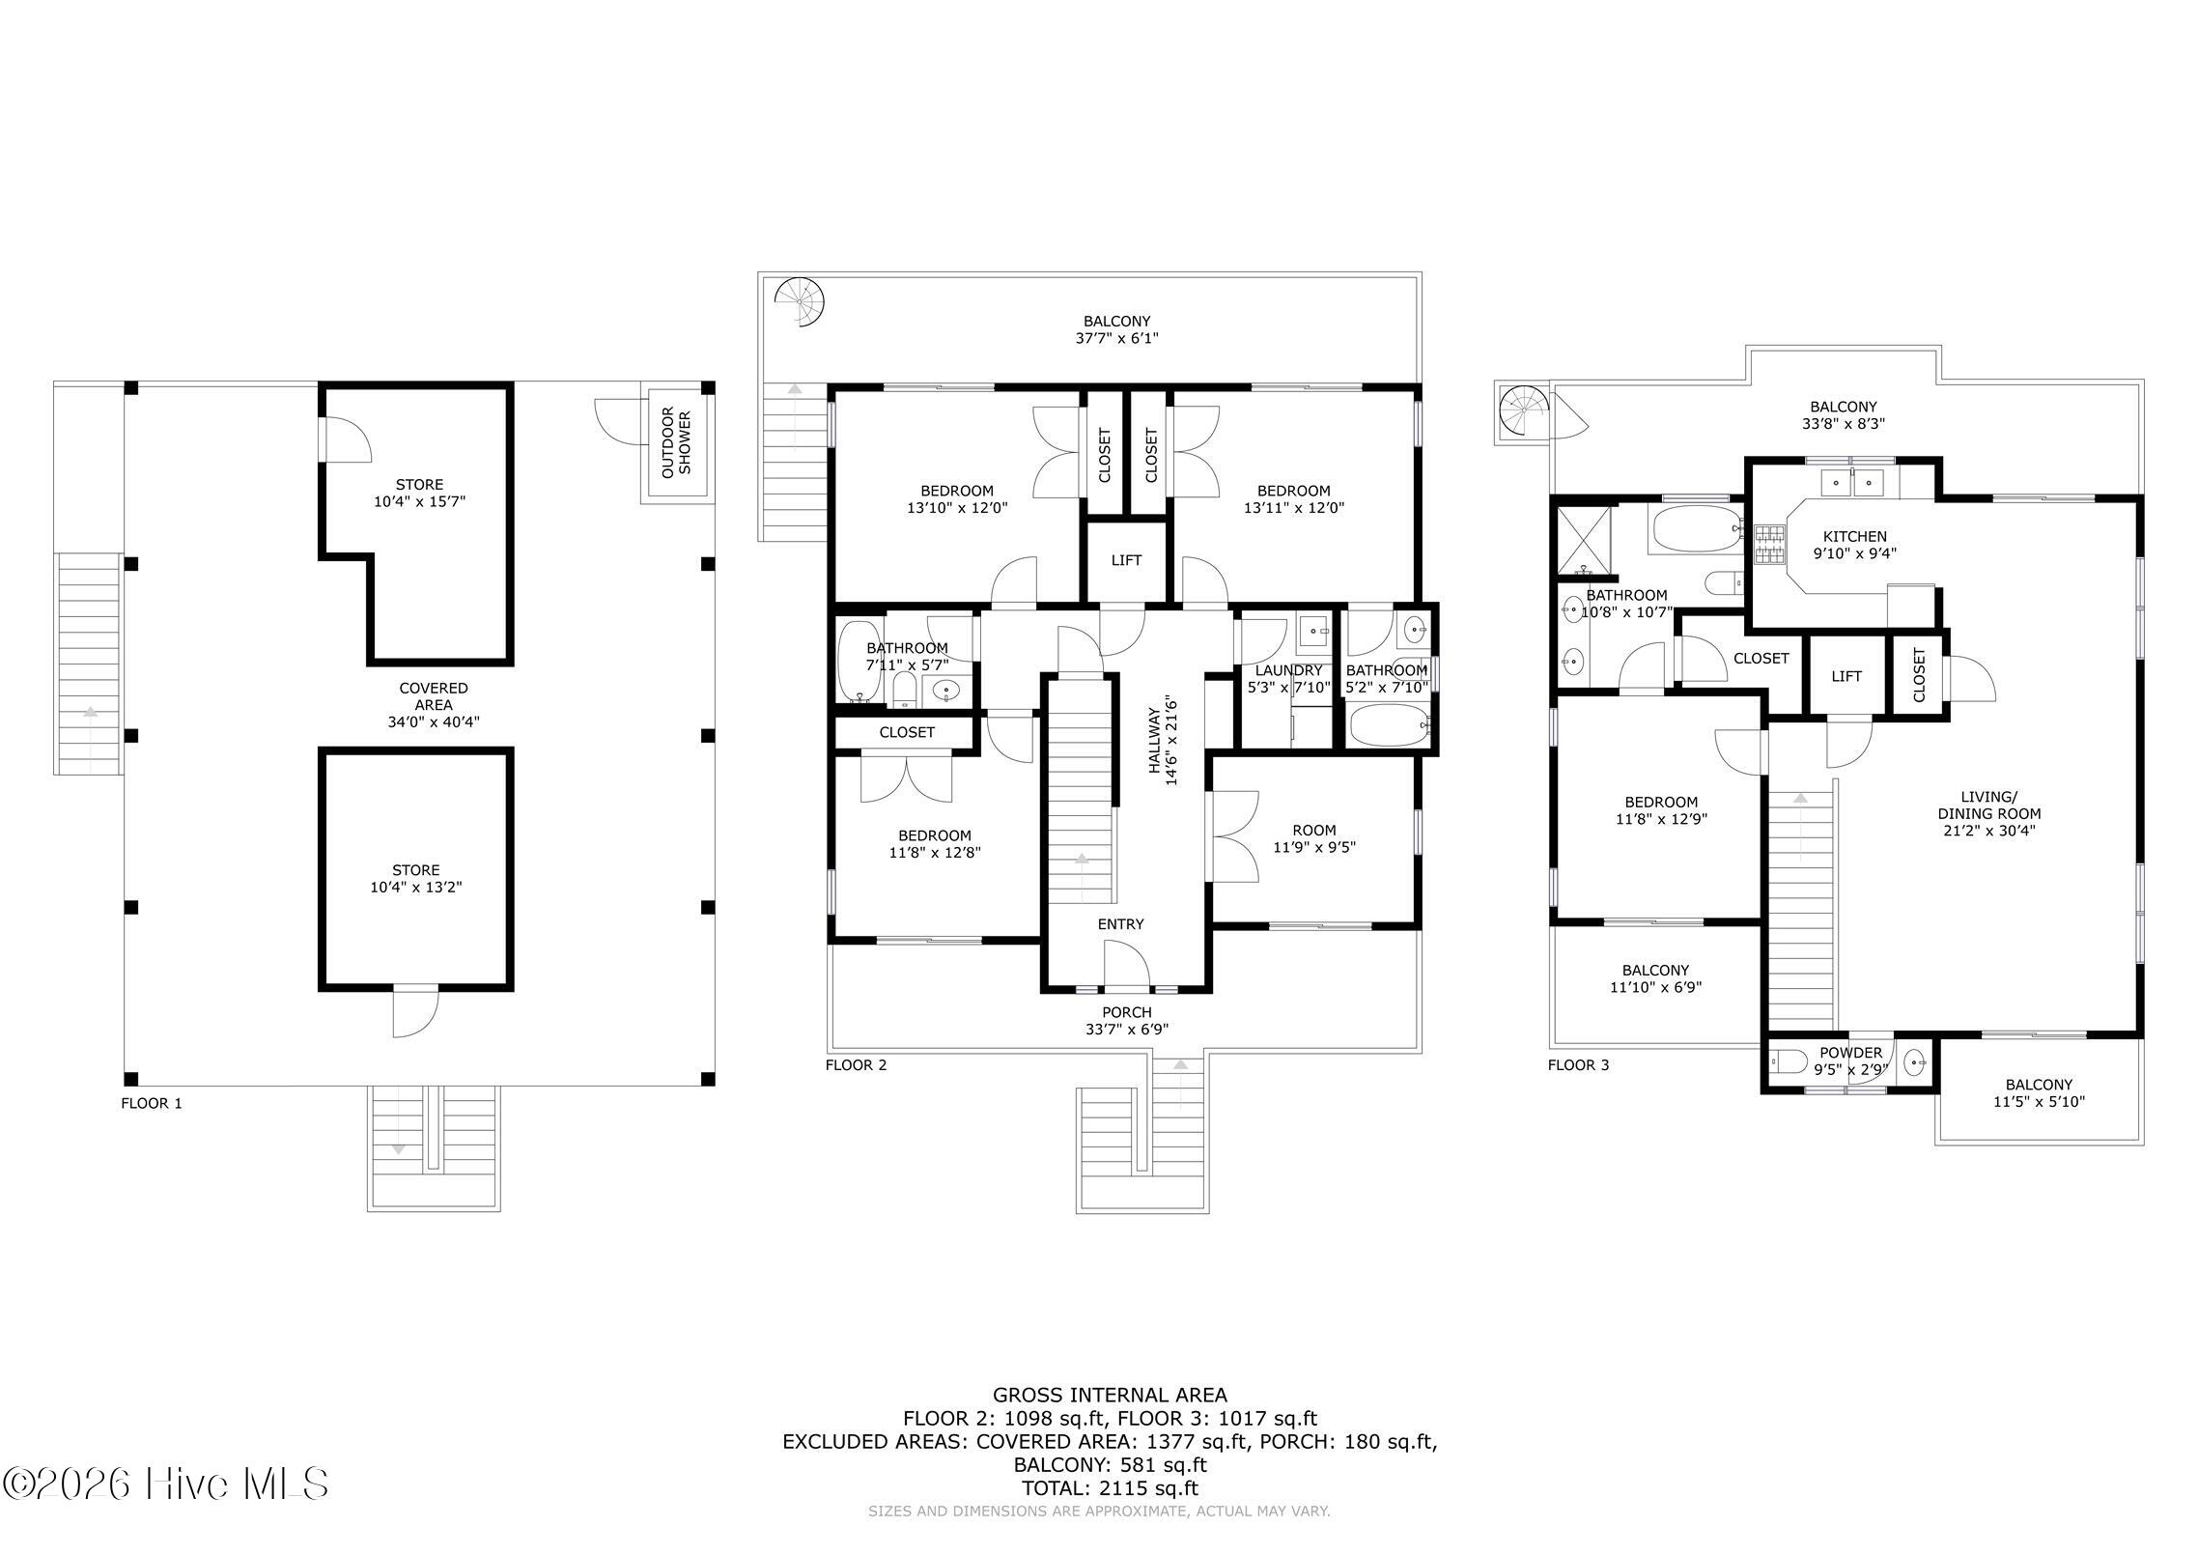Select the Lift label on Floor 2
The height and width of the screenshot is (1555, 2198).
[1126, 560]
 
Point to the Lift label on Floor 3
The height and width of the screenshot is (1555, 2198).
[1846, 677]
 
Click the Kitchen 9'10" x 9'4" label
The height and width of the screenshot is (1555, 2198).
[1854, 546]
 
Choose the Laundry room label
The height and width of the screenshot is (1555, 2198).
[1288, 679]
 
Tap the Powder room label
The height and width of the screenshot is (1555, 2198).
[1850, 1061]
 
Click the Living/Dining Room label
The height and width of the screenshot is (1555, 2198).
[1988, 813]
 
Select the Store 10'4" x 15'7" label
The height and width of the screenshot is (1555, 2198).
[419, 494]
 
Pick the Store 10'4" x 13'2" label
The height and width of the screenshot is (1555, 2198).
[416, 879]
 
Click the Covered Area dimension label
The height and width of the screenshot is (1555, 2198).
[434, 705]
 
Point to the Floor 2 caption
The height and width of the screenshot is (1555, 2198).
[856, 1065]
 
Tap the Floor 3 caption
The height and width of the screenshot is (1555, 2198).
[1578, 1065]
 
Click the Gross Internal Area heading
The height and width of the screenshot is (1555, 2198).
[1110, 1395]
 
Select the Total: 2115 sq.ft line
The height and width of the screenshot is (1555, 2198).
[1110, 1488]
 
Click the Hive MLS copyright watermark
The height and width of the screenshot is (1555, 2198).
[166, 1484]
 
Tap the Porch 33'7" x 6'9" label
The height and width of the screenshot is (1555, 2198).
[1126, 1020]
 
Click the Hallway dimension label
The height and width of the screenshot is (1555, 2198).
[1162, 740]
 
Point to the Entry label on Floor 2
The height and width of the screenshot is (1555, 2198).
[1120, 924]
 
